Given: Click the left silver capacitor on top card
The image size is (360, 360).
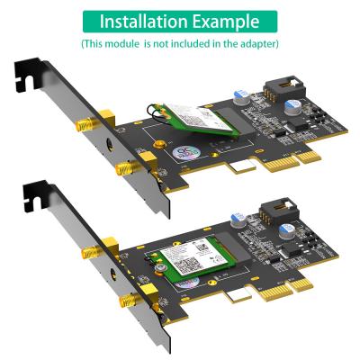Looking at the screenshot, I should click(x=238, y=94).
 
